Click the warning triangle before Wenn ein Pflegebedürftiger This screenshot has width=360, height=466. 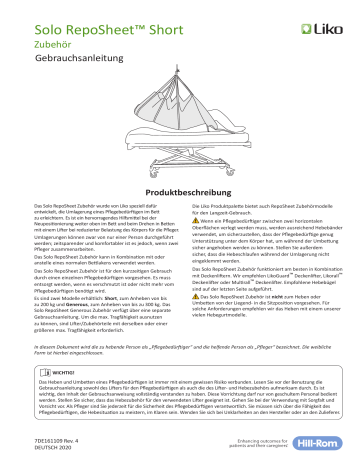point(188,222)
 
